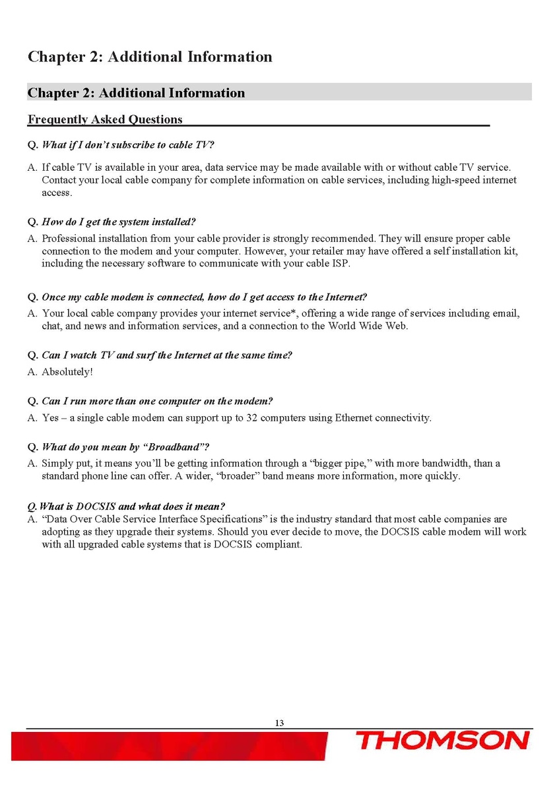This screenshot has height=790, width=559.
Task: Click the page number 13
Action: point(279,723)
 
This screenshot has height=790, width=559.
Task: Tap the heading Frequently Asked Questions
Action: point(105,119)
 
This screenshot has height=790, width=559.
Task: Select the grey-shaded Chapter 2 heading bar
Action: point(279,92)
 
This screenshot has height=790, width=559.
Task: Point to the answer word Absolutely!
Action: point(67,371)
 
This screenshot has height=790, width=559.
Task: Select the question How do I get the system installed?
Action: point(119,220)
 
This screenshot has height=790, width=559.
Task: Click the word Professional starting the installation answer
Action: point(68,238)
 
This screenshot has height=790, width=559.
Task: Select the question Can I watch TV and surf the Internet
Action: point(166,355)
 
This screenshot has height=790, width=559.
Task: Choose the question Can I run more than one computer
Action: point(157,401)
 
